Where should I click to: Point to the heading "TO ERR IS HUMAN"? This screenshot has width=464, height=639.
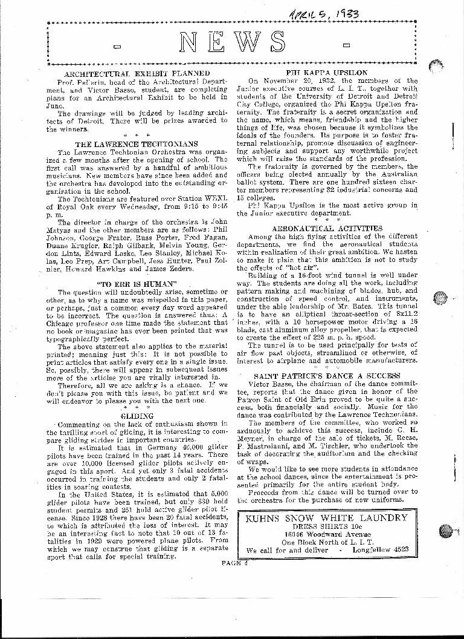coord(137,283)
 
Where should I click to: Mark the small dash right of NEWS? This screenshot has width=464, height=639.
coord(346,45)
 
